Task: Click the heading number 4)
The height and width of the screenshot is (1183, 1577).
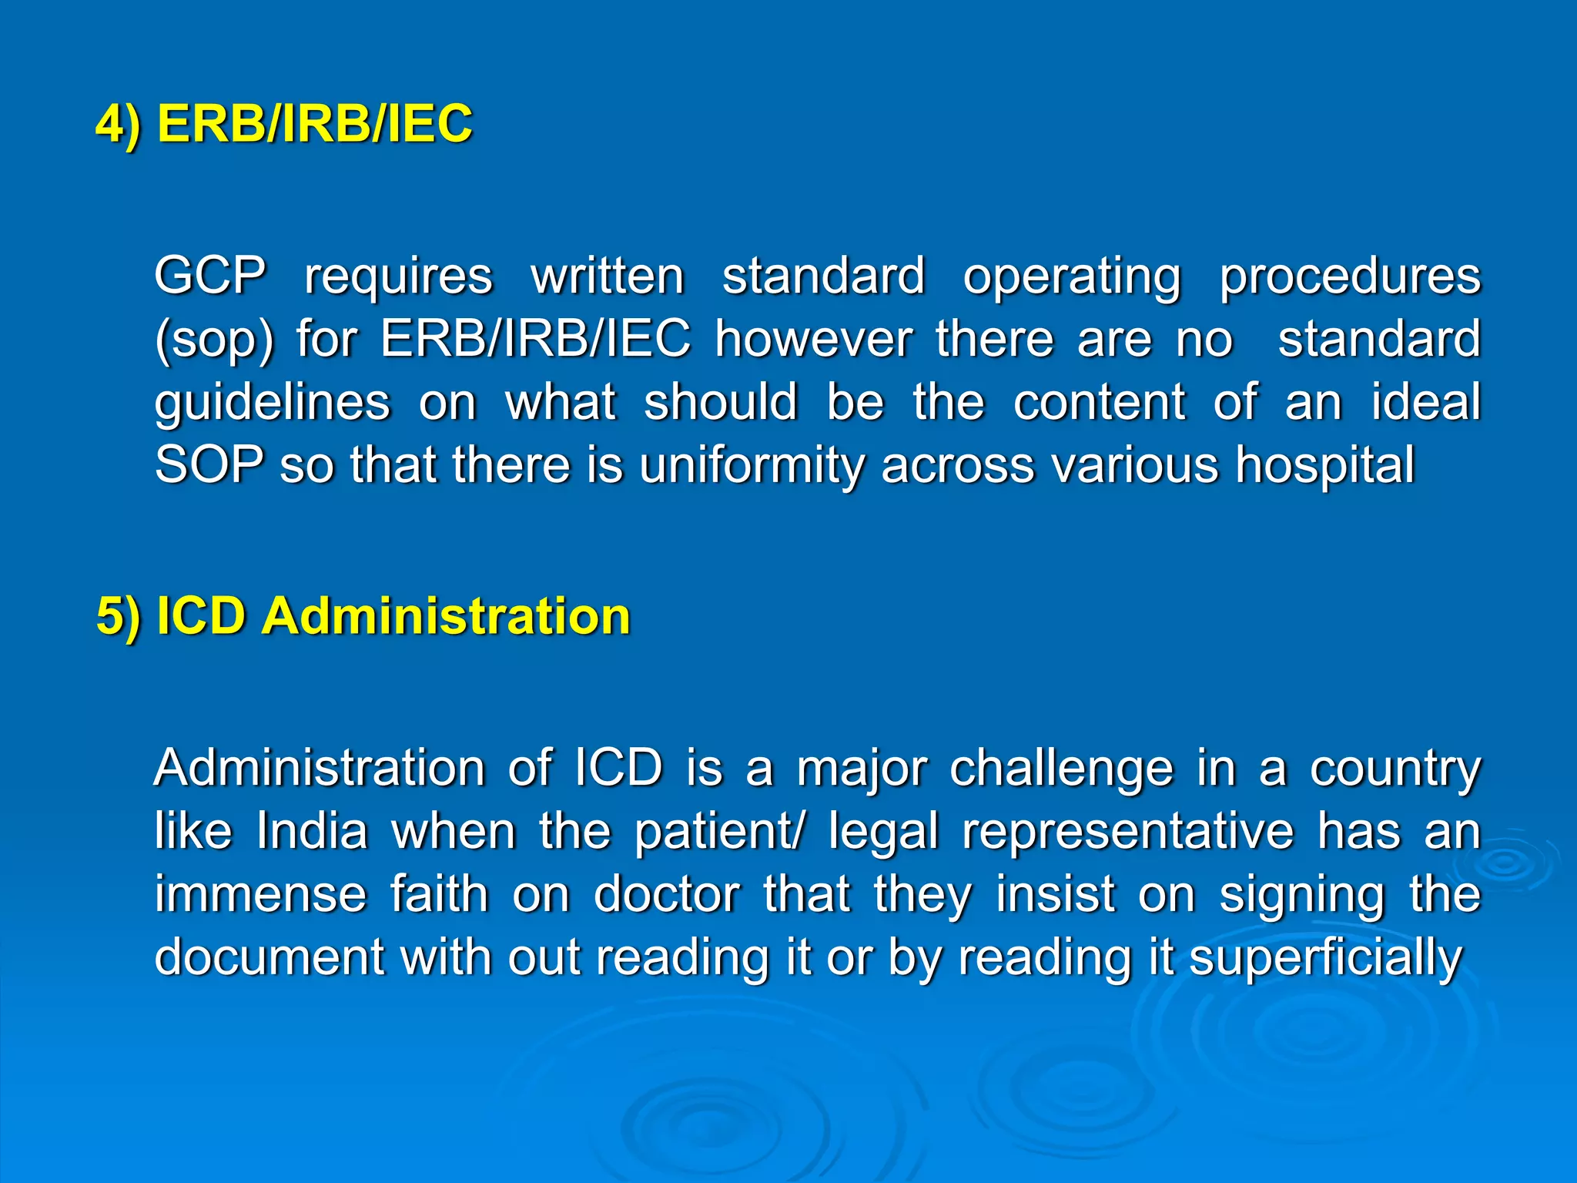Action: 119,124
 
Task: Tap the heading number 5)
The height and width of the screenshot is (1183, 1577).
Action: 119,617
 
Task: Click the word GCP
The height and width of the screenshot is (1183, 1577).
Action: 210,276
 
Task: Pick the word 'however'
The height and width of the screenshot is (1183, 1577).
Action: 814,339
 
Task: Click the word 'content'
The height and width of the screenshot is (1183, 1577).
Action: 1099,402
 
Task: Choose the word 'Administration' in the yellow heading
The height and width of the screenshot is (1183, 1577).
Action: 446,617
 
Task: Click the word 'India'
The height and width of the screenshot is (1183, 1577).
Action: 312,832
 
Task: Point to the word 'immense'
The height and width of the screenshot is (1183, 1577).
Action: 260,895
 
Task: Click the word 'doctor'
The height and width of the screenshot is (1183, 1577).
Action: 667,895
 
